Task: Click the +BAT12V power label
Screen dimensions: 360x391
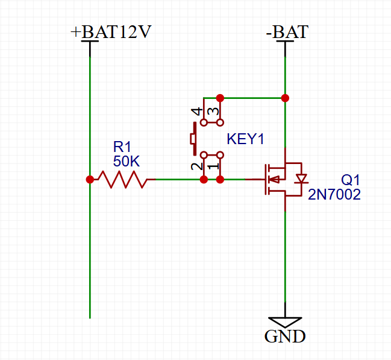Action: (x=110, y=31)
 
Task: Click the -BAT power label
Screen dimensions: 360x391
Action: (x=286, y=31)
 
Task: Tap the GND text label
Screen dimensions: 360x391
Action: (x=285, y=336)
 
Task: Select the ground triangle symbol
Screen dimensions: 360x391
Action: (x=285, y=322)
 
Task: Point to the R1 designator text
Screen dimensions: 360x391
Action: (x=122, y=147)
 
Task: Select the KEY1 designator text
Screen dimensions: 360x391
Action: (x=246, y=139)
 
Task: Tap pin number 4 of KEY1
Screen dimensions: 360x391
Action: (x=195, y=112)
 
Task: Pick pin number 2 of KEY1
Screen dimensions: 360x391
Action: (x=195, y=166)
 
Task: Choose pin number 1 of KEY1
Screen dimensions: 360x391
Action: (x=211, y=166)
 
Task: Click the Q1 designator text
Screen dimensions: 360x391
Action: (x=350, y=180)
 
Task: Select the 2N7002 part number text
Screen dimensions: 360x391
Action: (x=334, y=194)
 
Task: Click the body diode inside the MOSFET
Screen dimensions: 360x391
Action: (x=301, y=178)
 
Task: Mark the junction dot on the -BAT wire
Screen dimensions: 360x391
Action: (x=285, y=98)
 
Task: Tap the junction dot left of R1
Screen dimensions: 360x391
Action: (x=90, y=179)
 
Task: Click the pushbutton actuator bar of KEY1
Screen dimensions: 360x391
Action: (x=193, y=139)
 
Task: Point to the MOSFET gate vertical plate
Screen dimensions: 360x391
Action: (x=264, y=179)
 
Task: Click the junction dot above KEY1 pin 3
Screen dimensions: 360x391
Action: (x=220, y=98)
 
